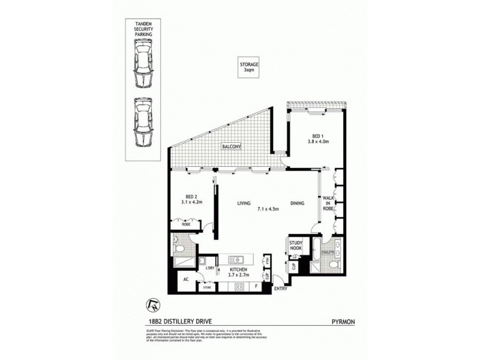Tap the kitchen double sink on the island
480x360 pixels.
pyautogui.click(x=238, y=260)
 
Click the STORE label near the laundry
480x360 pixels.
pyautogui.click(x=207, y=287)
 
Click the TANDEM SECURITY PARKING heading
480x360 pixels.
pyautogui.click(x=144, y=28)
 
